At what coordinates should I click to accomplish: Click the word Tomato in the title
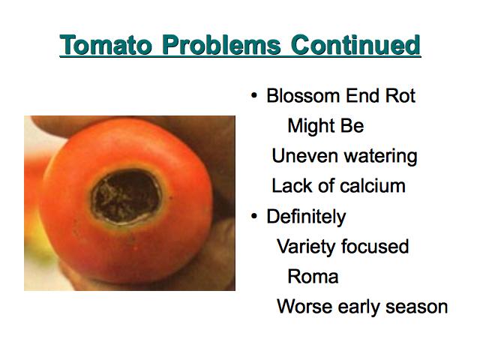pos(106,45)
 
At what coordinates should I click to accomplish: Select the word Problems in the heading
pos(221,45)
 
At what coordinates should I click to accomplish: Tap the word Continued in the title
pos(355,45)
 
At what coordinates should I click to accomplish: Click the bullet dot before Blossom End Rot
pos(254,96)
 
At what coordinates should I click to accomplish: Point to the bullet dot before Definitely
pos(254,217)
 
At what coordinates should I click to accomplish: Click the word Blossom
pos(303,96)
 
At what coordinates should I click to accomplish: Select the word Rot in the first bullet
pos(400,96)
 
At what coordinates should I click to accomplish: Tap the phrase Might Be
pos(325,126)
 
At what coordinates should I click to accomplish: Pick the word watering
pos(380,157)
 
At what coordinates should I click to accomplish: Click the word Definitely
pos(306,217)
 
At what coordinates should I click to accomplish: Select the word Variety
pos(306,247)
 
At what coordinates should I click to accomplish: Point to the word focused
pos(375,247)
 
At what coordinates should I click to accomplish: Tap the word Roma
pos(313,277)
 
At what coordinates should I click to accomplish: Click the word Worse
pos(305,307)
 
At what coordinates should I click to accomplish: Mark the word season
pos(417,307)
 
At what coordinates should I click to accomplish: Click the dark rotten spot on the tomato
pos(126,196)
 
